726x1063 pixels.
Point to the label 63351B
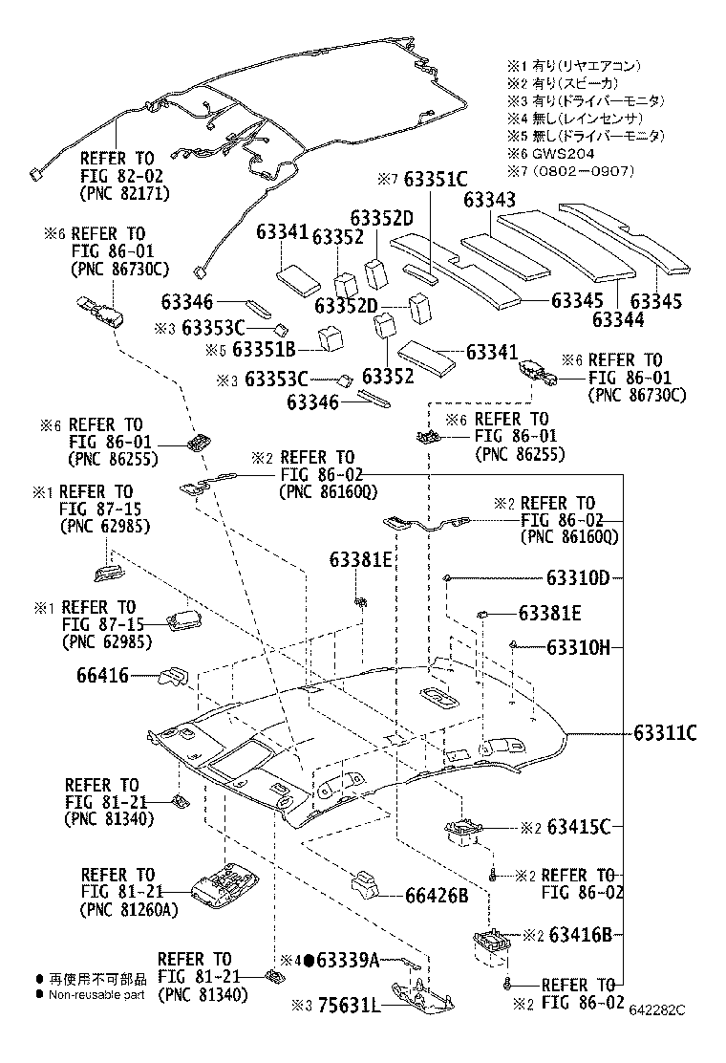pyautogui.click(x=265, y=349)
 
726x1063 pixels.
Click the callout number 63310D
pyautogui.click(x=578, y=578)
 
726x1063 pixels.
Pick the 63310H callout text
pyautogui.click(x=578, y=647)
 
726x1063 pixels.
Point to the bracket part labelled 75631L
pyautogui.click(x=419, y=994)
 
